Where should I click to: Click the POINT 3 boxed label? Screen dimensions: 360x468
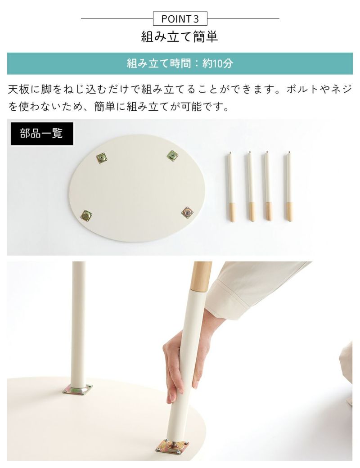[x=180, y=19]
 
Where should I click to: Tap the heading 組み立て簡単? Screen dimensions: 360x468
[x=180, y=37]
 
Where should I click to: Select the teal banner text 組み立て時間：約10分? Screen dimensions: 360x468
[x=180, y=63]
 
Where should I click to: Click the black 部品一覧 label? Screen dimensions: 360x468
[x=42, y=133]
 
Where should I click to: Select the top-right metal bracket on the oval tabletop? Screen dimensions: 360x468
[x=172, y=156]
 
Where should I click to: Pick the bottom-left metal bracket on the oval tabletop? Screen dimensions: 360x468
[x=86, y=215]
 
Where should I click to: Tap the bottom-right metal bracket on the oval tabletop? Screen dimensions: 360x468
[x=188, y=212]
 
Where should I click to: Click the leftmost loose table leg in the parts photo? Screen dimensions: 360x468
[x=231, y=187]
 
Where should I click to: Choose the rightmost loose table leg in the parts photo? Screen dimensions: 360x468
[x=289, y=187]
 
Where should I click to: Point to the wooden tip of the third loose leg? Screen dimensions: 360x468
[x=269, y=211]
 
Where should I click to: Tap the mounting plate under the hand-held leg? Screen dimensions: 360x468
[x=172, y=449]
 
